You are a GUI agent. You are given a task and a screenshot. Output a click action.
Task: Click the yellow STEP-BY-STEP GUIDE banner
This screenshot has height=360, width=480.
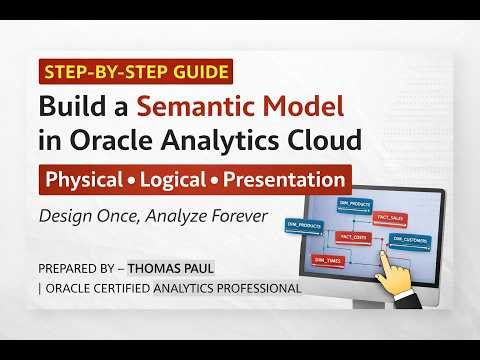coord(135,72)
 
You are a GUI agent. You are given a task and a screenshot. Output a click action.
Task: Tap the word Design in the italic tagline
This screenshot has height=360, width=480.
coord(64,215)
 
